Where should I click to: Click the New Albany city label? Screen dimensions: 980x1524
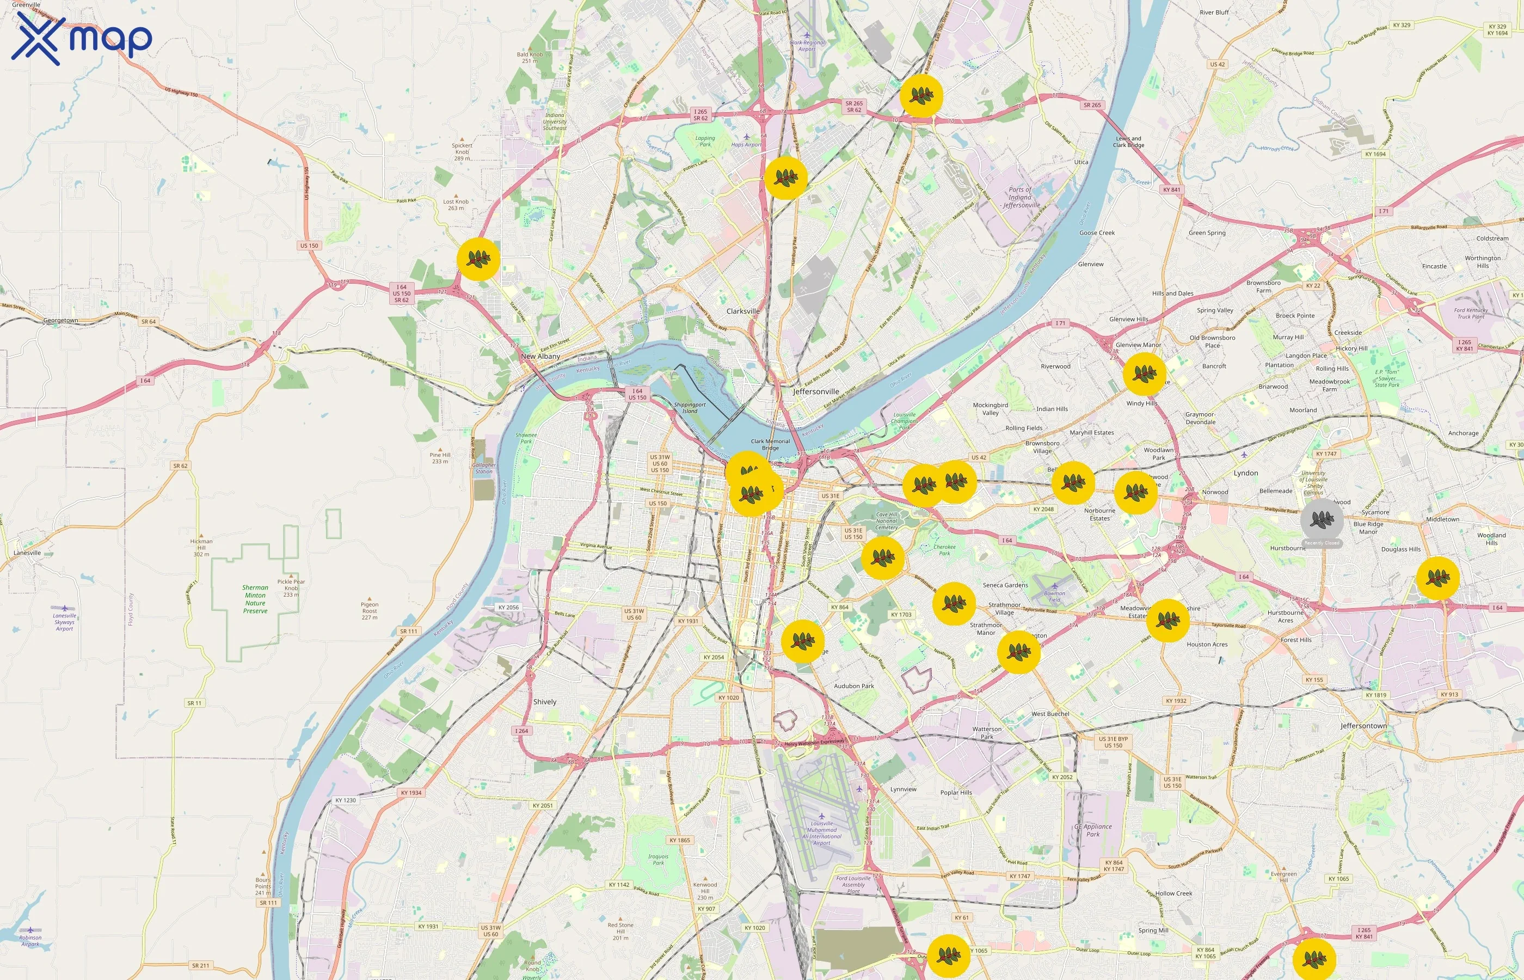[540, 357]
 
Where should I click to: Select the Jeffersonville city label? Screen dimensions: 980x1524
[816, 391]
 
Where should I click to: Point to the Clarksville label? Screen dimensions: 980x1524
[743, 311]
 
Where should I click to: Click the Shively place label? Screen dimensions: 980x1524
[544, 702]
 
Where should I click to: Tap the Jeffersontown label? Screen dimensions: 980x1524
[1363, 725]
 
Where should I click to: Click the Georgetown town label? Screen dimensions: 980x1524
[60, 321]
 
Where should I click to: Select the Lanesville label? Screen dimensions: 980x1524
[27, 553]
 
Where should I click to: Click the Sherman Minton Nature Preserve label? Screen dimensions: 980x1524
[255, 599]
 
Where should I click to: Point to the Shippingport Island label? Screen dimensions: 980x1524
[690, 408]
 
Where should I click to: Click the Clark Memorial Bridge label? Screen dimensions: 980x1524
[770, 444]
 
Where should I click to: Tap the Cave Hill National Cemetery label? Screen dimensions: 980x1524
[886, 521]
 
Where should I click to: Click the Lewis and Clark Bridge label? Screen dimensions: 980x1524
[1128, 142]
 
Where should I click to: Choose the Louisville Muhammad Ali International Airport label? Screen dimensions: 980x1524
[822, 833]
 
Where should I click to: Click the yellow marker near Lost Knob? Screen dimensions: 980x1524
[478, 259]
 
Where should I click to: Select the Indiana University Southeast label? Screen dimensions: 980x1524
[555, 121]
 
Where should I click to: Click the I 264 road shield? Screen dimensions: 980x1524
[521, 731]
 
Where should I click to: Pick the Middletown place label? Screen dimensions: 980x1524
[1442, 519]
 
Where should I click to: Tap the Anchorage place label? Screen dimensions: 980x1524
[1463, 433]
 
